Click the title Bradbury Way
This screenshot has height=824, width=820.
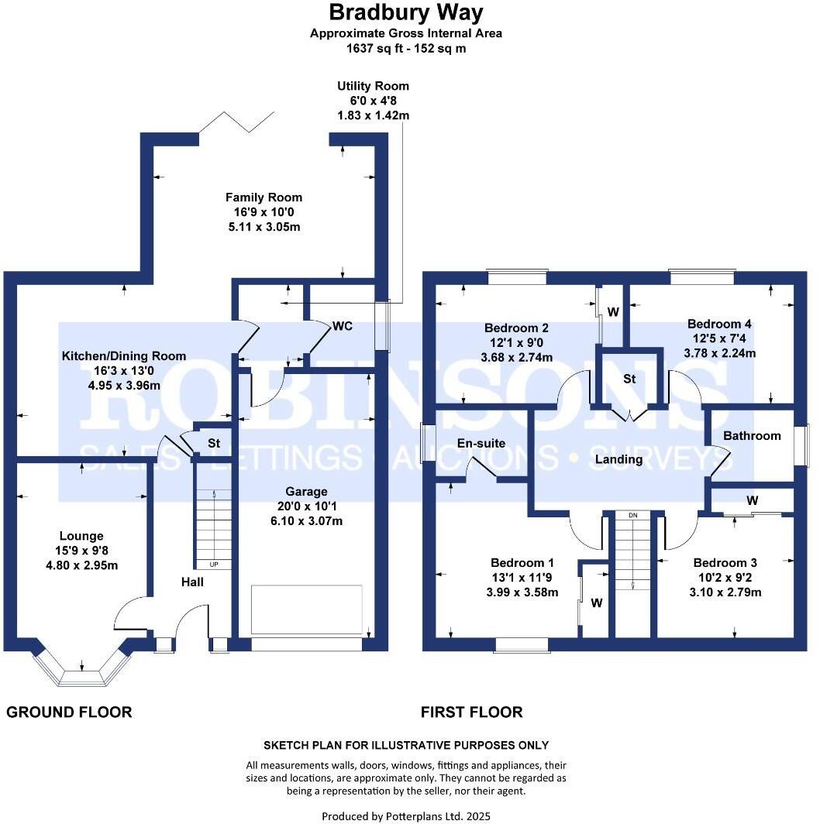click(x=406, y=12)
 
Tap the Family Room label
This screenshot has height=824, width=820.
click(x=264, y=197)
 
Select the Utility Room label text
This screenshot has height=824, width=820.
click(x=373, y=86)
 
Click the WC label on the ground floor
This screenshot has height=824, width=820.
click(x=343, y=326)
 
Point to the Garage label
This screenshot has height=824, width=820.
click(x=306, y=491)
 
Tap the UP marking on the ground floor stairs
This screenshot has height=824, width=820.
click(x=214, y=565)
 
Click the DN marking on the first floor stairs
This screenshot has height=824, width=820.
click(x=632, y=515)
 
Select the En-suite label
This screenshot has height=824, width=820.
click(x=481, y=444)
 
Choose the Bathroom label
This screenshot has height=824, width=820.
click(x=752, y=436)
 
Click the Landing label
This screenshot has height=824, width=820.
click(x=618, y=459)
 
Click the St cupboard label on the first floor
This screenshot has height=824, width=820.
click(x=629, y=379)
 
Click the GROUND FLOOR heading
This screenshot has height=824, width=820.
click(x=69, y=712)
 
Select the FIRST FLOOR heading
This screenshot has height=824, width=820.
click(x=471, y=712)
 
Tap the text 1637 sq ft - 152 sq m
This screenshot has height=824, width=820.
click(x=406, y=48)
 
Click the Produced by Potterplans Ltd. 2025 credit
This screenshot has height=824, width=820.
click(x=406, y=815)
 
